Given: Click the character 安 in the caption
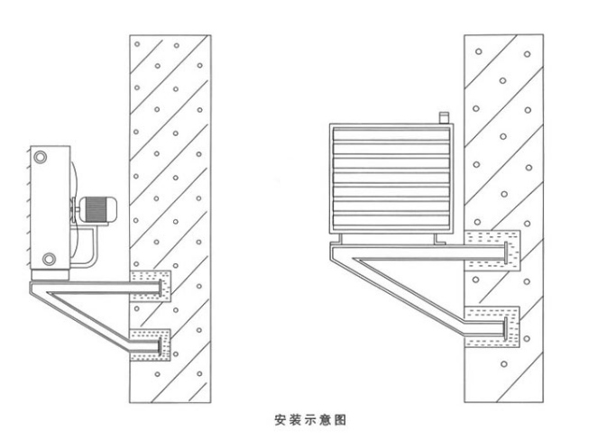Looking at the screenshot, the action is point(280,420).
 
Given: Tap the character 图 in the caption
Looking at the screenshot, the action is point(340,420).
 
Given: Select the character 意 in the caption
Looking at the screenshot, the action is point(325,420).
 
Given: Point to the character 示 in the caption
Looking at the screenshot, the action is point(310,420).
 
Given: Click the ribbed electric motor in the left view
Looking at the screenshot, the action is point(98,209).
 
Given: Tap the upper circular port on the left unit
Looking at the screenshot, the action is point(40,156).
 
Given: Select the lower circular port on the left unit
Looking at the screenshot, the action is point(49,259).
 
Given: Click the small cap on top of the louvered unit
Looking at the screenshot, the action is point(444,117).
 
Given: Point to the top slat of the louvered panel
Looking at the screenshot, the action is point(391,135).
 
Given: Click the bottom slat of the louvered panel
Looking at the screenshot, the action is point(391,220).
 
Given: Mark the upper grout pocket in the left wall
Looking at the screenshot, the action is point(151,286).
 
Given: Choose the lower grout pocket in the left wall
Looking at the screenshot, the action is point(151,345).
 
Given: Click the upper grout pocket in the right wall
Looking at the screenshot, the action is point(492,251).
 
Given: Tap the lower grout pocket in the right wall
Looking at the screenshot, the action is point(492,326).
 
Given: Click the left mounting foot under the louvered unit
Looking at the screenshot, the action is point(336,239).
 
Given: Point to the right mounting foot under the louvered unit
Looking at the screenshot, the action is point(439,239).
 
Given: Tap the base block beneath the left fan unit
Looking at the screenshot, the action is point(50,275).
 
